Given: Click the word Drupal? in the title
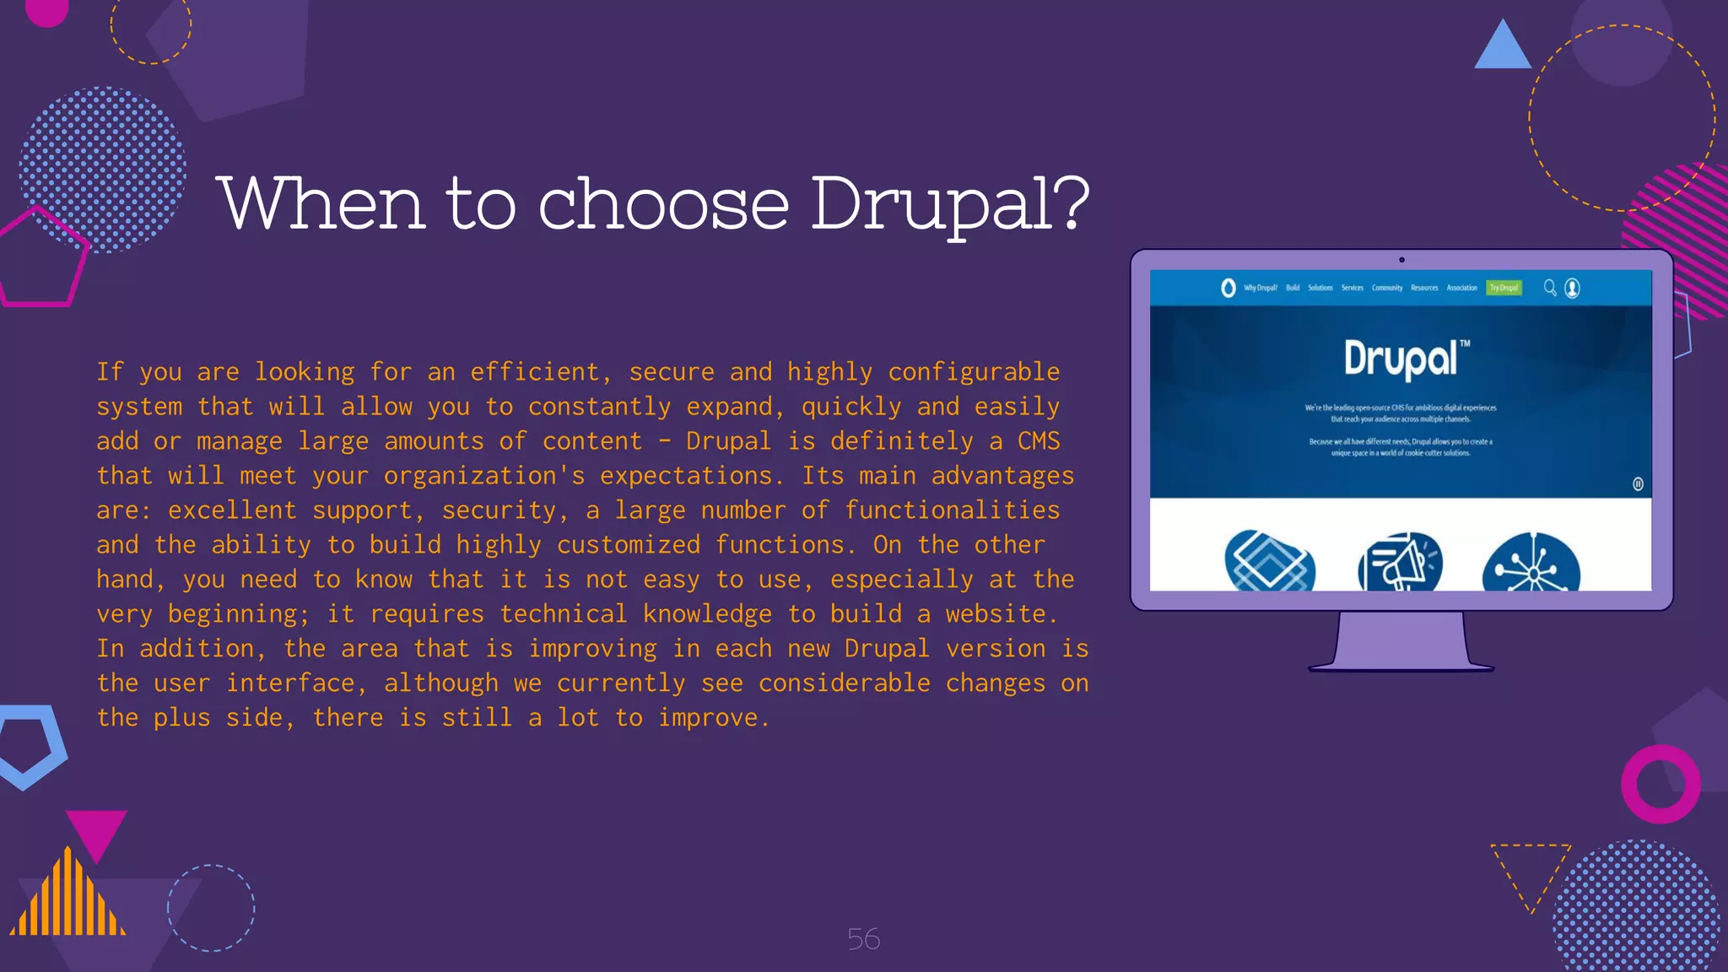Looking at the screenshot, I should (950, 204).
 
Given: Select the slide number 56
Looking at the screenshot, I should (863, 939).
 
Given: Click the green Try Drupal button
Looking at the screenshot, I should (1504, 288).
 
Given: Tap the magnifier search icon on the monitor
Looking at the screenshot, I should (1550, 288).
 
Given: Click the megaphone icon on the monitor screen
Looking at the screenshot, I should (1400, 563).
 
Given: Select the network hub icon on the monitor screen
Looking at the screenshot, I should (1531, 564).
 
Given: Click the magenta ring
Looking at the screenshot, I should (1660, 784).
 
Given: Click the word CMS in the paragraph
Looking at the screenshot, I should (1038, 441).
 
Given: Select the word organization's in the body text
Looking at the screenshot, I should (483, 476).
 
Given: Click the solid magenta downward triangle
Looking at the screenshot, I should (96, 832).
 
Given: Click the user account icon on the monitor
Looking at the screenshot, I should (1572, 289).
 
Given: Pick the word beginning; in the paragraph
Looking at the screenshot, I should (239, 614).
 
